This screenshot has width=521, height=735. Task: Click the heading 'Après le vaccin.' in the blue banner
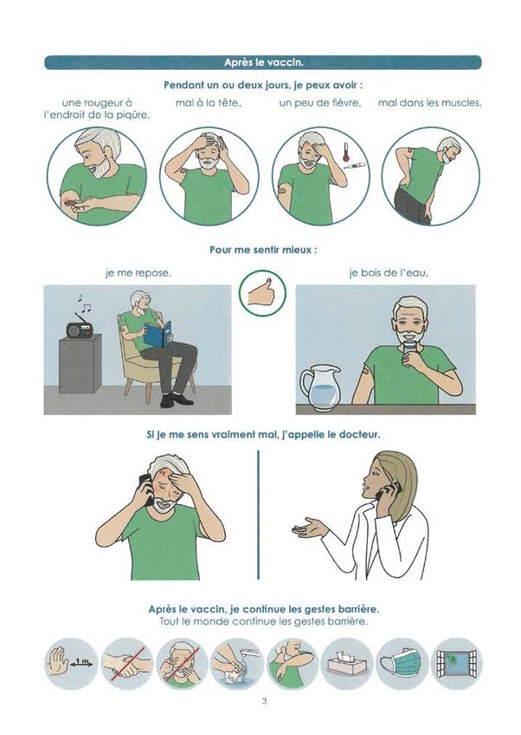click(x=263, y=62)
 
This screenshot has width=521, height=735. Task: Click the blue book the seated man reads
click(x=158, y=335)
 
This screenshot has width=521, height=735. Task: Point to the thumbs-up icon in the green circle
click(x=262, y=293)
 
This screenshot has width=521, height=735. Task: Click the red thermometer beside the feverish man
click(x=346, y=152)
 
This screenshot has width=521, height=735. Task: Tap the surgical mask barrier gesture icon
click(x=402, y=663)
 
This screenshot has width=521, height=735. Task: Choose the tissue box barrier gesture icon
click(x=348, y=663)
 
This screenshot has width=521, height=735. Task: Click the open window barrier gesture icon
click(x=457, y=663)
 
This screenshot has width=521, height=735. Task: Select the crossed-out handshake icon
click(x=127, y=663)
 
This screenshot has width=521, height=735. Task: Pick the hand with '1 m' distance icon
click(x=71, y=663)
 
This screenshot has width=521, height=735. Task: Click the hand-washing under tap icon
click(x=237, y=663)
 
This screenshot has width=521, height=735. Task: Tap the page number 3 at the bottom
click(x=265, y=702)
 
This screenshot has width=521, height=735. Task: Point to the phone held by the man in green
click(x=146, y=489)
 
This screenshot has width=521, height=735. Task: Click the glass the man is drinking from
click(x=409, y=351)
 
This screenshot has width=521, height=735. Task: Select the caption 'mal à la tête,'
click(x=209, y=103)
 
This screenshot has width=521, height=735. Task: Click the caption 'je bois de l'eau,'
click(x=389, y=272)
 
